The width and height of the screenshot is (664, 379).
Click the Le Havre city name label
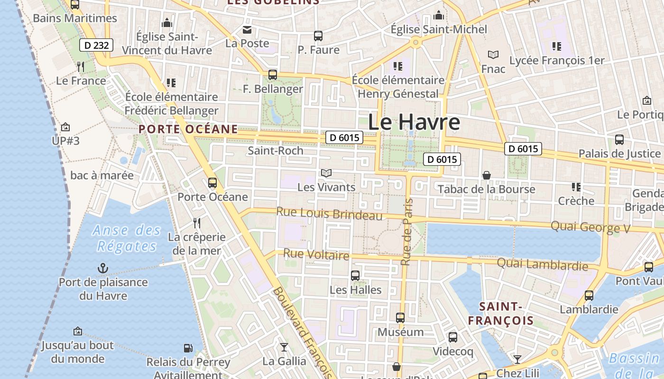(414, 122)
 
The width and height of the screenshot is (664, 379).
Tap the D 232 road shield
(96, 45)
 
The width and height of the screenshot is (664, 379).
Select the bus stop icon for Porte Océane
(212, 182)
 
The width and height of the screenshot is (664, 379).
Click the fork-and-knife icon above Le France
(81, 66)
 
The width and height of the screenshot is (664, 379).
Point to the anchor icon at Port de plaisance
(103, 268)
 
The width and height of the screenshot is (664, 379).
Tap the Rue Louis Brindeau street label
(329, 214)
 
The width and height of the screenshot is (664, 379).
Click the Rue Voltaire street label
(316, 255)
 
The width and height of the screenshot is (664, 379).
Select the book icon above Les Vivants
(326, 173)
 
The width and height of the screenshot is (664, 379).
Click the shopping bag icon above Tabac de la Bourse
(487, 175)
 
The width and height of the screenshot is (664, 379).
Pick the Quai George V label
(590, 227)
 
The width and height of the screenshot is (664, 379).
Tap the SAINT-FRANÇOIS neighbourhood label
(501, 314)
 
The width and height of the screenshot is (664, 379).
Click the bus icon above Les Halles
(355, 275)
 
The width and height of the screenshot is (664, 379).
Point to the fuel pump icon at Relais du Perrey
(188, 348)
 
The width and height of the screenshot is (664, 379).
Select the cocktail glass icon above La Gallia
(284, 347)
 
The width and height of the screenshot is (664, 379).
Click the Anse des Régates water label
(127, 238)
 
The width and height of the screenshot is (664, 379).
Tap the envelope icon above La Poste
(247, 30)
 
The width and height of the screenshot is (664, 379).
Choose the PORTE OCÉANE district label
(188, 129)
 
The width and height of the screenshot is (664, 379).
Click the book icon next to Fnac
(493, 55)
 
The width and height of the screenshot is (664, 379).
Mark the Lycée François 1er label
(557, 61)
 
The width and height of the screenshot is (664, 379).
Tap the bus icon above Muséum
(400, 317)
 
